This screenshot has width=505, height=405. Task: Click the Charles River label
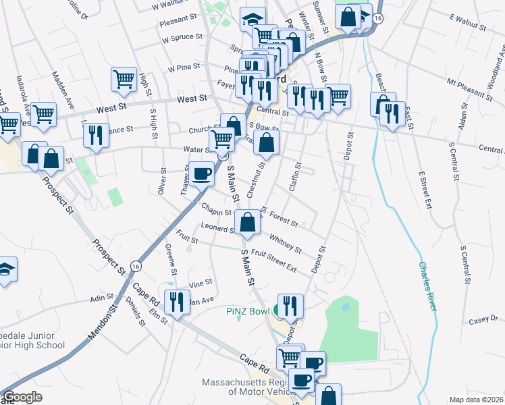pyautogui.click(x=429, y=286)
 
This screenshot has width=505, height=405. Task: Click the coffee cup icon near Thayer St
pyautogui.click(x=201, y=174)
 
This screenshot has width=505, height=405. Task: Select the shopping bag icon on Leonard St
pyautogui.click(x=248, y=223)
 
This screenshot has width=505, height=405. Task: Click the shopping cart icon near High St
pyautogui.click(x=124, y=79)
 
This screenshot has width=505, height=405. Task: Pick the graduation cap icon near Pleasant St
pyautogui.click(x=252, y=20)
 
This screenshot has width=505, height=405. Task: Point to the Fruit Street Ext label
pyautogui.click(x=273, y=260)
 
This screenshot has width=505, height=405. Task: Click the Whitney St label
pyautogui.click(x=285, y=243)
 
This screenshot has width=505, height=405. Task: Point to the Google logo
pyautogui.click(x=22, y=397)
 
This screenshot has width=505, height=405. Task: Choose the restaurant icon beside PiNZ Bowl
pyautogui.click(x=290, y=305)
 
